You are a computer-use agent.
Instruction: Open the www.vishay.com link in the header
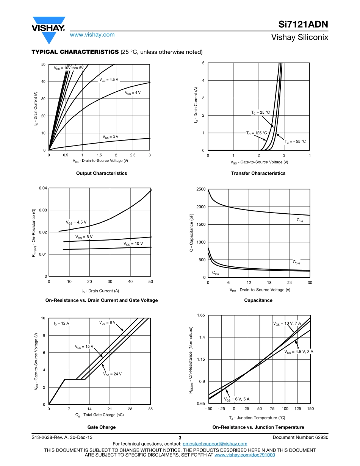click(92, 34)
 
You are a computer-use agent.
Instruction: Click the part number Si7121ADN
click(303, 25)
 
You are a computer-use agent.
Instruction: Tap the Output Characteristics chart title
click(102, 173)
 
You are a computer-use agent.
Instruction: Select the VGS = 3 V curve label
click(110, 137)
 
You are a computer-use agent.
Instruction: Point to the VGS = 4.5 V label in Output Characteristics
click(109, 80)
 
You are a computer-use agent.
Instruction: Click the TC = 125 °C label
click(257, 133)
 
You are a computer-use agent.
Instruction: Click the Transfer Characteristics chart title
click(258, 173)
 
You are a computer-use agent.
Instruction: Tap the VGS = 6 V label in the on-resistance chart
click(84, 237)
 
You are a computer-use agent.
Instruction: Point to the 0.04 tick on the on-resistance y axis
click(43, 188)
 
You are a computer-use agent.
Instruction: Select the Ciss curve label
click(300, 220)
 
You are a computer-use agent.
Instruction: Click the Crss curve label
click(215, 273)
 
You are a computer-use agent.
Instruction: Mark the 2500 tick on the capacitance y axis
click(201, 189)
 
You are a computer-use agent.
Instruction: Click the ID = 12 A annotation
click(61, 324)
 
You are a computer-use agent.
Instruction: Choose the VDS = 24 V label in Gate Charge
click(112, 374)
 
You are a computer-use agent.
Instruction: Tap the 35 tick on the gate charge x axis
click(150, 409)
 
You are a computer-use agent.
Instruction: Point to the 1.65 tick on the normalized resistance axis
click(201, 315)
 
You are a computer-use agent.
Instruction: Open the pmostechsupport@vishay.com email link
click(215, 444)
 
